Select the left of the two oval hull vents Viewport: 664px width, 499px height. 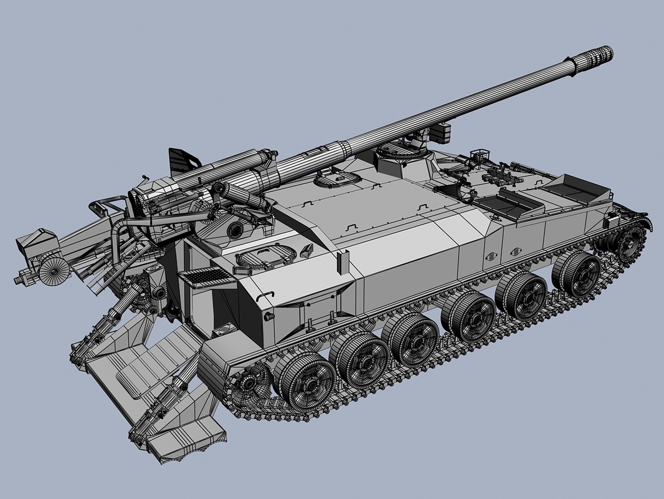coord(490,255)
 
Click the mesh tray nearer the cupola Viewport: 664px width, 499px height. coord(501,203)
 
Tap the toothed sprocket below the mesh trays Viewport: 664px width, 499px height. coord(630,240)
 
